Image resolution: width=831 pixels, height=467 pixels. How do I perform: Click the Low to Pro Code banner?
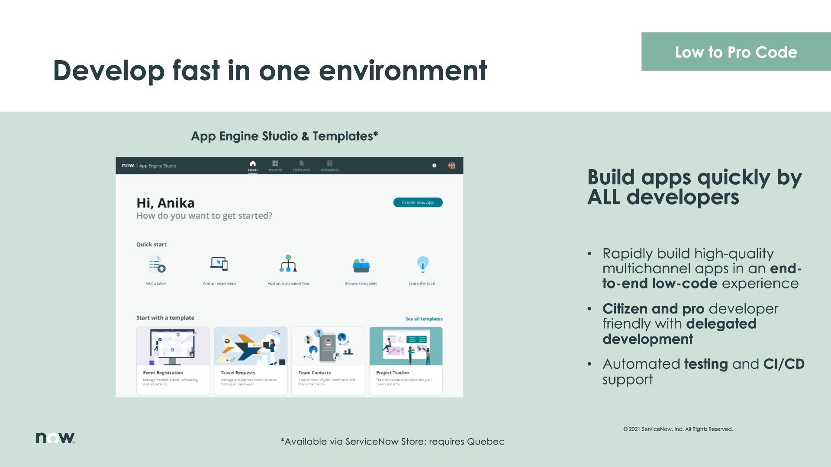736,52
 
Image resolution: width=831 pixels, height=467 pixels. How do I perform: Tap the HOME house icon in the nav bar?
253,163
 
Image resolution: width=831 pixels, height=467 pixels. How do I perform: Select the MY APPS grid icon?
275,163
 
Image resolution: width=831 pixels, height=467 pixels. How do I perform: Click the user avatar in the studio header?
451,166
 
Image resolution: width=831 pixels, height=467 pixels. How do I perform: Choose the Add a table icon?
157,264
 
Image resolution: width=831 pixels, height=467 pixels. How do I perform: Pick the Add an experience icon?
219,264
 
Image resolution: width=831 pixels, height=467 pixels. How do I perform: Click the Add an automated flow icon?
288,264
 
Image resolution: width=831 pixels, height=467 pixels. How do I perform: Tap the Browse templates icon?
361,265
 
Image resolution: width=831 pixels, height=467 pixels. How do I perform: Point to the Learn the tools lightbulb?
422,264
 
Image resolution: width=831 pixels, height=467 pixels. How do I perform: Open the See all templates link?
424,319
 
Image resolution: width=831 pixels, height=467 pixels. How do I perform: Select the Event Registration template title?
163,373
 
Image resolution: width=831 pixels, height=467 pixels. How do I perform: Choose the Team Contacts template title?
315,373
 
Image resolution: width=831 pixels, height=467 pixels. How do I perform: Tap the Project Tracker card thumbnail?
406,346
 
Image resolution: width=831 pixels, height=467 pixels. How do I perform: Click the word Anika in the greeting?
176,203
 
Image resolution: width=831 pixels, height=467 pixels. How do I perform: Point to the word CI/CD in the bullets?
783,364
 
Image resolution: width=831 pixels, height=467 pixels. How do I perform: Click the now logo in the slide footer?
55,438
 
